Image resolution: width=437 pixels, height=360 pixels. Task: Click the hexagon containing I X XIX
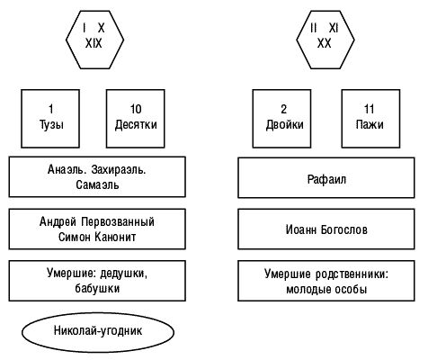coord(94,35)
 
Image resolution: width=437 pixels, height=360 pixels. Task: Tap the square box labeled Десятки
coord(136,117)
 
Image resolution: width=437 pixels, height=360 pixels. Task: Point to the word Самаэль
coord(99,186)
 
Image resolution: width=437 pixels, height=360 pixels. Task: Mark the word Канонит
coord(119,238)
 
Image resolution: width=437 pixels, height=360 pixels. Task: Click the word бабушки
coord(97,289)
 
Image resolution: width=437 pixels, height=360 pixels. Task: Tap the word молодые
coord(308,289)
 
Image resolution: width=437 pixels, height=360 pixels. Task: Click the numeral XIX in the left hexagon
coord(94,43)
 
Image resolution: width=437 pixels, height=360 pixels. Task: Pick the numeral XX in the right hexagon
coord(324,43)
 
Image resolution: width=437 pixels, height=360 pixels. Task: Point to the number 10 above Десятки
coord(136,109)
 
